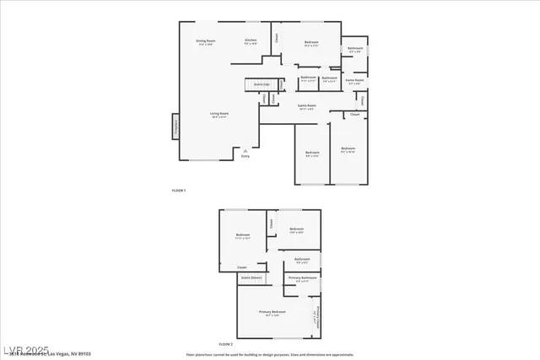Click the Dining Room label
point(207,41)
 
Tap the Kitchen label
point(251,41)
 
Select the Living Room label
point(219,115)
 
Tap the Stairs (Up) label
point(262,84)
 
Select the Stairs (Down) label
point(251,277)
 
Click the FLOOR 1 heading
point(179,191)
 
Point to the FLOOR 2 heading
point(225,345)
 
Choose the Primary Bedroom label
point(273,312)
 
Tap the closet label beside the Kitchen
point(278,38)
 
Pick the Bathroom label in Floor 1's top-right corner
point(355,49)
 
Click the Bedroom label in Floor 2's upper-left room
point(243,236)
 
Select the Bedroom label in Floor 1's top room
point(311,42)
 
